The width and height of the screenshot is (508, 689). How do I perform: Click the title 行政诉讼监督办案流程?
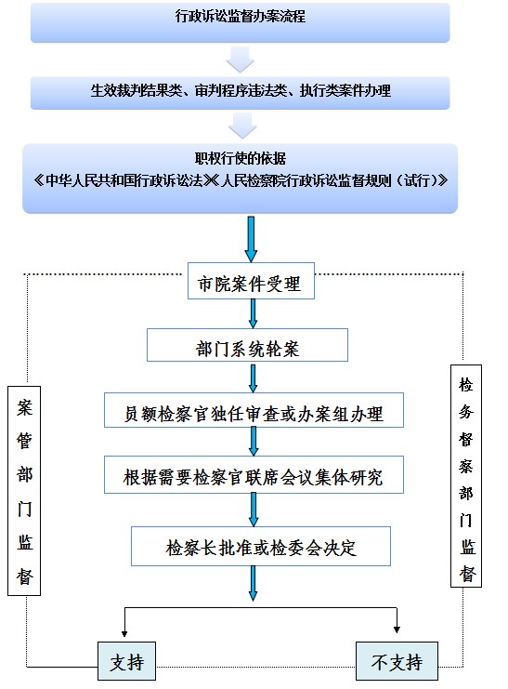tap(241, 17)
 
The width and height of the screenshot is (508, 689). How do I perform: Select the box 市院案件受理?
tap(251, 281)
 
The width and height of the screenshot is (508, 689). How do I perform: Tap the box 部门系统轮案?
tap(247, 345)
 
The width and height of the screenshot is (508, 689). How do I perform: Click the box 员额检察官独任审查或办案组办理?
tap(254, 410)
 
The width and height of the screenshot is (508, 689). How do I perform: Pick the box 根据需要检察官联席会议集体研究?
tap(254, 474)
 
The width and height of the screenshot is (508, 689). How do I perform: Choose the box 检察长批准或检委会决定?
tap(261, 546)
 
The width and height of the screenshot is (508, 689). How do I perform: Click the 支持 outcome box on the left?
tap(126, 661)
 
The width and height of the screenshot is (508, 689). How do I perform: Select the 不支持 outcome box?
tap(397, 661)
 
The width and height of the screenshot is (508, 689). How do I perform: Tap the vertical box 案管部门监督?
tap(24, 491)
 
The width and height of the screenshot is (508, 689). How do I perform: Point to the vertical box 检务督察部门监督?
tap(466, 476)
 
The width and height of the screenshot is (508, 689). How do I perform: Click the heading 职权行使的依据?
tap(241, 158)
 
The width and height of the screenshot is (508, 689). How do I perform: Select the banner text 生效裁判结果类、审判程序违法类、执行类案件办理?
tap(241, 90)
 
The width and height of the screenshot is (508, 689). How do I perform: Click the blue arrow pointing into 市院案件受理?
tap(251, 239)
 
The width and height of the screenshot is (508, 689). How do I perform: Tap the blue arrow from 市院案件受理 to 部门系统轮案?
tap(253, 313)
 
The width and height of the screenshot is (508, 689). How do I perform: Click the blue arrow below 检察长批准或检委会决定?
tap(253, 583)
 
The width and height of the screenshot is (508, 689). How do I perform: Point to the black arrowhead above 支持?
tap(124, 634)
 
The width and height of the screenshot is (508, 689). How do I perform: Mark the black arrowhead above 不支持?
tap(397, 629)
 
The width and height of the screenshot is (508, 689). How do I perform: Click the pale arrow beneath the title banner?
tap(241, 60)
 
